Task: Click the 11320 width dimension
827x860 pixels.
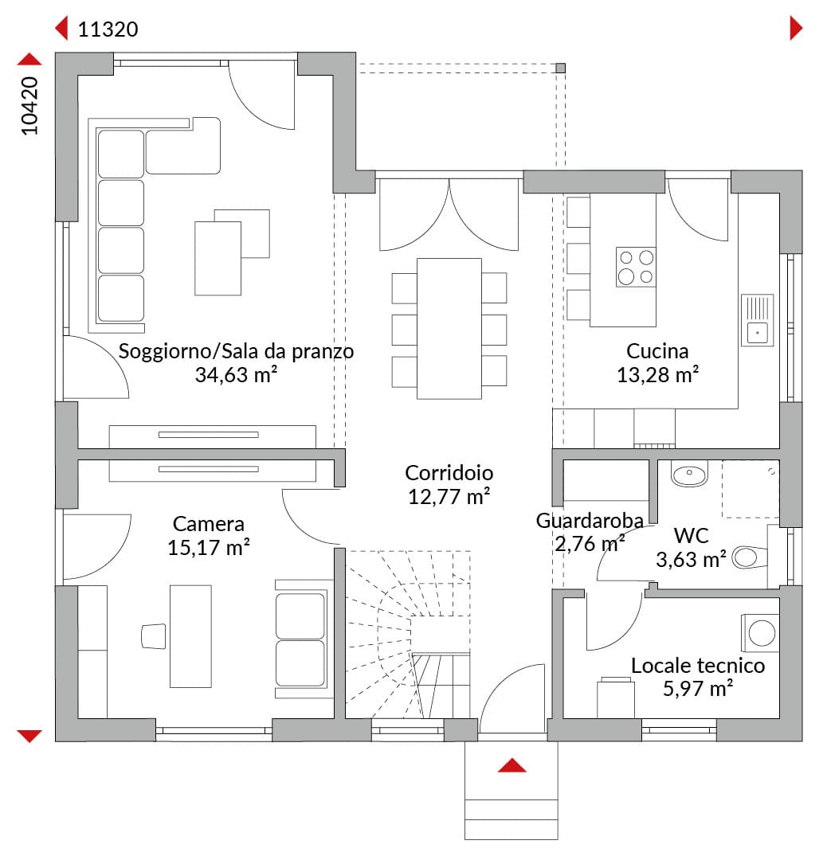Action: [108, 29]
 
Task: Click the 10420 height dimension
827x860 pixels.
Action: [29, 106]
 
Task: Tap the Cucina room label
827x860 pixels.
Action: [657, 351]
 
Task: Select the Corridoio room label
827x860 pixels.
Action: [449, 473]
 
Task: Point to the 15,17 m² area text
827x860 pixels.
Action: [209, 547]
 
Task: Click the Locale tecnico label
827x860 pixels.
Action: [697, 665]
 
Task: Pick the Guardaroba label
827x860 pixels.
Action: [590, 521]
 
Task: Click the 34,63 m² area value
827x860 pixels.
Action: [236, 374]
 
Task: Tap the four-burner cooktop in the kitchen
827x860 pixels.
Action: [636, 267]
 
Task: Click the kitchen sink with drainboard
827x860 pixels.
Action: [758, 320]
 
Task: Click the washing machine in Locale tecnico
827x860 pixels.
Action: [760, 634]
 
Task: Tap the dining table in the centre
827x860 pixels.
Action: [449, 329]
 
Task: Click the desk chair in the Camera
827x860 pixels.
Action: [154, 635]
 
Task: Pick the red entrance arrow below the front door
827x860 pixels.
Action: [512, 765]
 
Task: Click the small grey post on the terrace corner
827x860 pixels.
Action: [560, 68]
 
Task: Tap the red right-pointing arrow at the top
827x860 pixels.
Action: [796, 28]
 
